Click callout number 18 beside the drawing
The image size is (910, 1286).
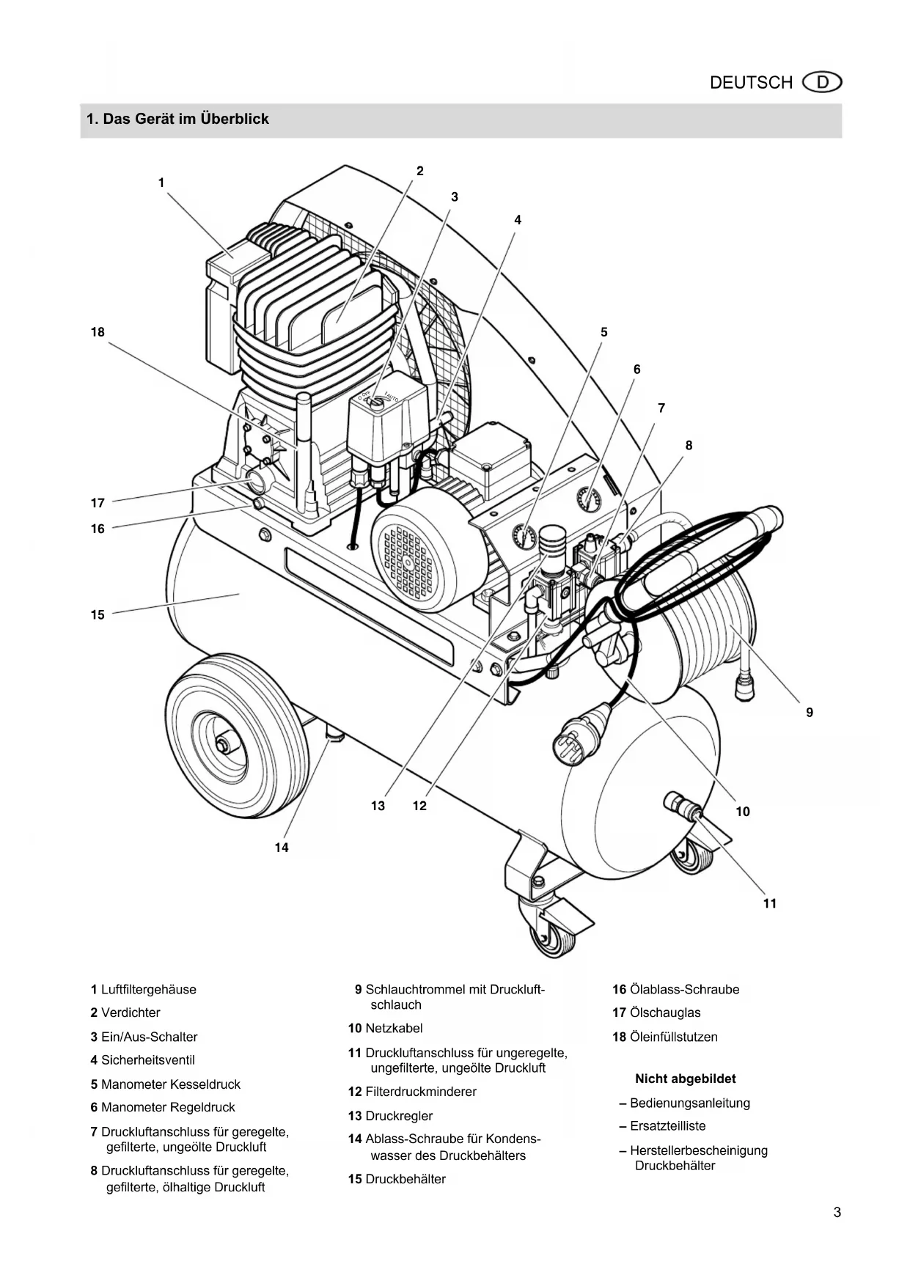[98, 332]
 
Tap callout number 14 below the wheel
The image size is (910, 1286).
[282, 848]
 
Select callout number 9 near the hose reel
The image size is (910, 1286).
[810, 712]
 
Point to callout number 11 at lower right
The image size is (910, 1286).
[770, 903]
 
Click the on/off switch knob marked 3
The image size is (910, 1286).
[378, 401]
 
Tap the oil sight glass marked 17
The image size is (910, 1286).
[259, 480]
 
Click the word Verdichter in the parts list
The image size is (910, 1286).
[131, 1013]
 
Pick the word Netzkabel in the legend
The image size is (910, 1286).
[394, 1029]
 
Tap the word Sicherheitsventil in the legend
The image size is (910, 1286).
[148, 1060]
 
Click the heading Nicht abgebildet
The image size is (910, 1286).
[686, 1079]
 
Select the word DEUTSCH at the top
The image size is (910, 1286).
[751, 83]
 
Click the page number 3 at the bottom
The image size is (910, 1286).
[837, 1212]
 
